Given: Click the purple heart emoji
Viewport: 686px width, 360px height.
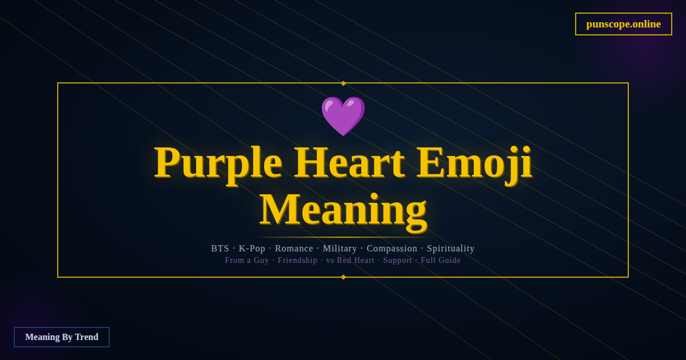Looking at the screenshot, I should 343,115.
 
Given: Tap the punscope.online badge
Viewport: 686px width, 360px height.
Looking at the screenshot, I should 623,24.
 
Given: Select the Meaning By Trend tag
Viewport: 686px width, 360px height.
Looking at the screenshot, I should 62,337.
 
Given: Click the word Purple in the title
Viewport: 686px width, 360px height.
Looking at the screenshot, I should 218,163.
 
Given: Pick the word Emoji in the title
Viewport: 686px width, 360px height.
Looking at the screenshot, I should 474,163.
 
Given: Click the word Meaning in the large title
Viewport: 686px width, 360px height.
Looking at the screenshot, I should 343,209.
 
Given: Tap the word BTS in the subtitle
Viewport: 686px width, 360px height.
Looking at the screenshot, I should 220,249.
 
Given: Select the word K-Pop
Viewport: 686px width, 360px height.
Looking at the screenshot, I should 252,249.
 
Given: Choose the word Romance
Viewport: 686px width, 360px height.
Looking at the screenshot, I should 294,249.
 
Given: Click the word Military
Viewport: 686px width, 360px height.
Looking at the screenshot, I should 340,249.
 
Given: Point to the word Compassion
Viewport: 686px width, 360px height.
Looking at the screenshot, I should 392,249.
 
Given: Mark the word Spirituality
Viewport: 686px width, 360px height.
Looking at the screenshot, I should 450,249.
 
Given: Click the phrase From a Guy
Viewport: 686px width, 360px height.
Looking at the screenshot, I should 247,261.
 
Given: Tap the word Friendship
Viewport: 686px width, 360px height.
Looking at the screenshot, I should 297,261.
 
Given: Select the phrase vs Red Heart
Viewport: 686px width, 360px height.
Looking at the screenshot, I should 350,261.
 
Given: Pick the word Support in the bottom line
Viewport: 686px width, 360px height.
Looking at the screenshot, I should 397,261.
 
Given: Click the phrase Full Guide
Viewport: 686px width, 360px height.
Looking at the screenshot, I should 441,261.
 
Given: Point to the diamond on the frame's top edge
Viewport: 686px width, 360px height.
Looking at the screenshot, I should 343,83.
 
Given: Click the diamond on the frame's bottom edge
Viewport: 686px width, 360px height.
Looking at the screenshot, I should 343,277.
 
